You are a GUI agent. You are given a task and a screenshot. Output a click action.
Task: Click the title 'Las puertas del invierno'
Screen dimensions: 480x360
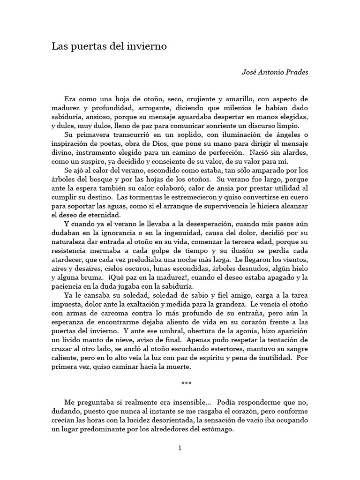[x=109, y=47]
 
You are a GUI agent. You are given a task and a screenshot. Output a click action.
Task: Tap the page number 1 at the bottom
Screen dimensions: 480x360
[x=180, y=448]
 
